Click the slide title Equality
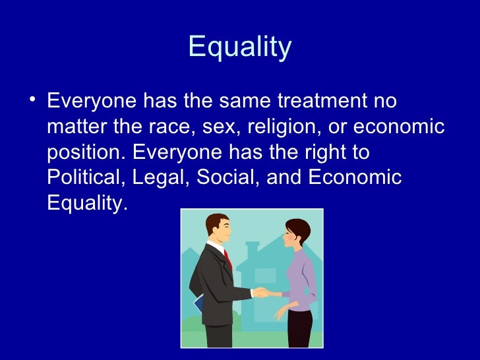(239, 47)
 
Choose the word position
(85, 153)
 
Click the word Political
(86, 178)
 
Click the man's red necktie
(228, 259)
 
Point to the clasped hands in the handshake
(260, 291)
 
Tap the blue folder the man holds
(198, 304)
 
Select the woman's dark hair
(300, 230)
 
